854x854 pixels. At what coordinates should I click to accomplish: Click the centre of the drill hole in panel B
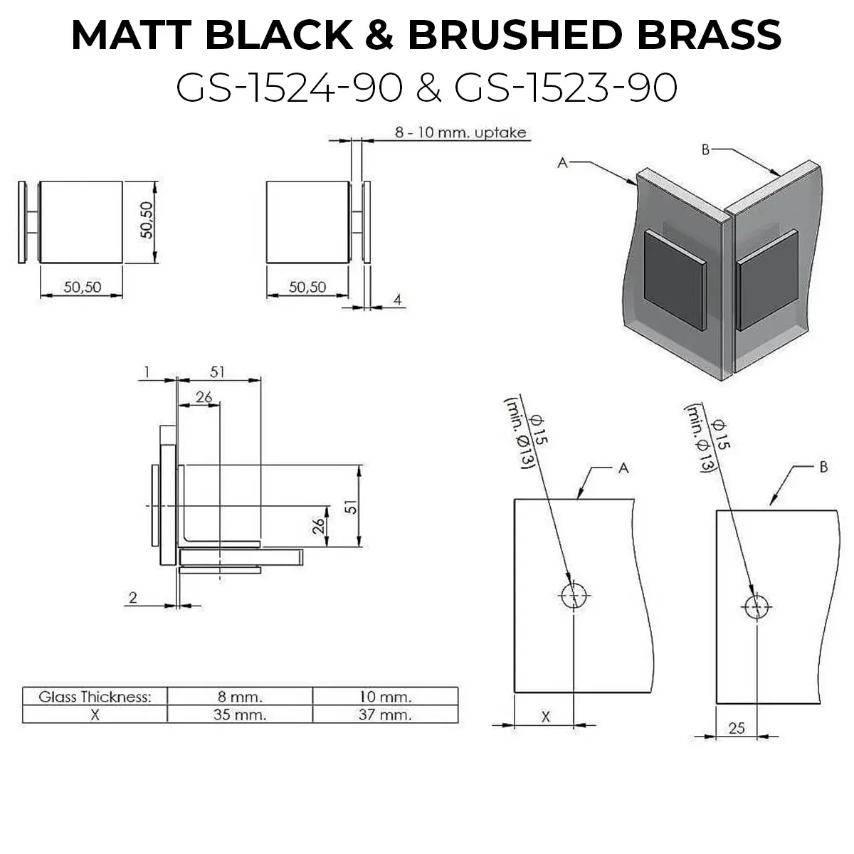coord(757,607)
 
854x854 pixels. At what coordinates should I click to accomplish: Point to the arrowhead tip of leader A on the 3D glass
coord(637,184)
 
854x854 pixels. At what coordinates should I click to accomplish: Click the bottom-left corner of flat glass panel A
coord(515,692)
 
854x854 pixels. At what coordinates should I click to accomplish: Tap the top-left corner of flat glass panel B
coord(717,510)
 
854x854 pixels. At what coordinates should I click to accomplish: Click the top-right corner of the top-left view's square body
coord(122,181)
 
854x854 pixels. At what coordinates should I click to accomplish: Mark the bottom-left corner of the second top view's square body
coord(266,263)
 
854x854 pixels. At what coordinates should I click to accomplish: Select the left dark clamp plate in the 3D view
coord(674,280)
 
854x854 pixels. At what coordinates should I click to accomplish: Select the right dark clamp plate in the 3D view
coord(767,280)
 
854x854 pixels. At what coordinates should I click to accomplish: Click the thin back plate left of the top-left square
coord(22,222)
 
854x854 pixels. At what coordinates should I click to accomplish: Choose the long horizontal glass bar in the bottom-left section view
coord(241,557)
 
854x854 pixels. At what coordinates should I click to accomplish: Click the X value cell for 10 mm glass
coord(385,715)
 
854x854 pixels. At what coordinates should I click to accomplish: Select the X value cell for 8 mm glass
coord(240,715)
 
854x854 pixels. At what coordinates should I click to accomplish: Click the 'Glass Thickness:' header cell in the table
coord(95,697)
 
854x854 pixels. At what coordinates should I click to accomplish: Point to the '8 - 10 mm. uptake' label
coord(460,132)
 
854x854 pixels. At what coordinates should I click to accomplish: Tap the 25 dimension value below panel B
coord(737,728)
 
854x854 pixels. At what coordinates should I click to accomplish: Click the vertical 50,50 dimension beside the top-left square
coord(147,220)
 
